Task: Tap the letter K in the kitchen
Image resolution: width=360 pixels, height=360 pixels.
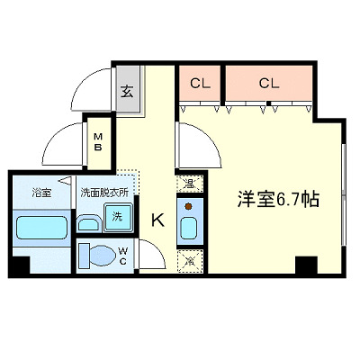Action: [157, 219]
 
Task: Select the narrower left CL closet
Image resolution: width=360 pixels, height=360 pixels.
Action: [200, 85]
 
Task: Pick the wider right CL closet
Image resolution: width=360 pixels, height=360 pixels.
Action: [269, 85]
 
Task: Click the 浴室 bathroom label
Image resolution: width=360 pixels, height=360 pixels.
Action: [41, 192]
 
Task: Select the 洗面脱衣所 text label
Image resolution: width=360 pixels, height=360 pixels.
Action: [104, 192]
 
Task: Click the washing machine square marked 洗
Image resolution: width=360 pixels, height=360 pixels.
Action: [119, 217]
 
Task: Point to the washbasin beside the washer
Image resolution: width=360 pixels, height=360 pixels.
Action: [91, 222]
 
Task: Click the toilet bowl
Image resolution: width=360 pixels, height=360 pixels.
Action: [94, 255]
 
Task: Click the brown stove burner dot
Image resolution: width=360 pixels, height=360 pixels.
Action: [189, 205]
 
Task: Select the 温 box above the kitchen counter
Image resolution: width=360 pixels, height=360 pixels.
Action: [189, 184]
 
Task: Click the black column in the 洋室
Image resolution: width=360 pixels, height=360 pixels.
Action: [306, 265]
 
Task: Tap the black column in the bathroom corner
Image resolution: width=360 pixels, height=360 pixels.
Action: [18, 265]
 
